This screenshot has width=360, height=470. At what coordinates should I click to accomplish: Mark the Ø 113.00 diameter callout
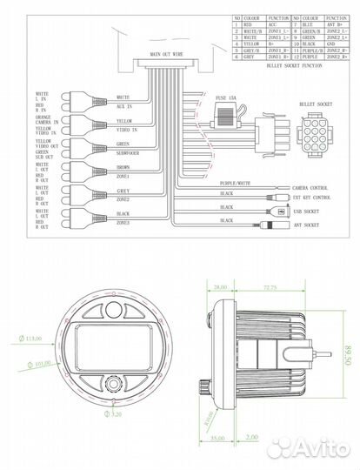pos(34,338)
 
